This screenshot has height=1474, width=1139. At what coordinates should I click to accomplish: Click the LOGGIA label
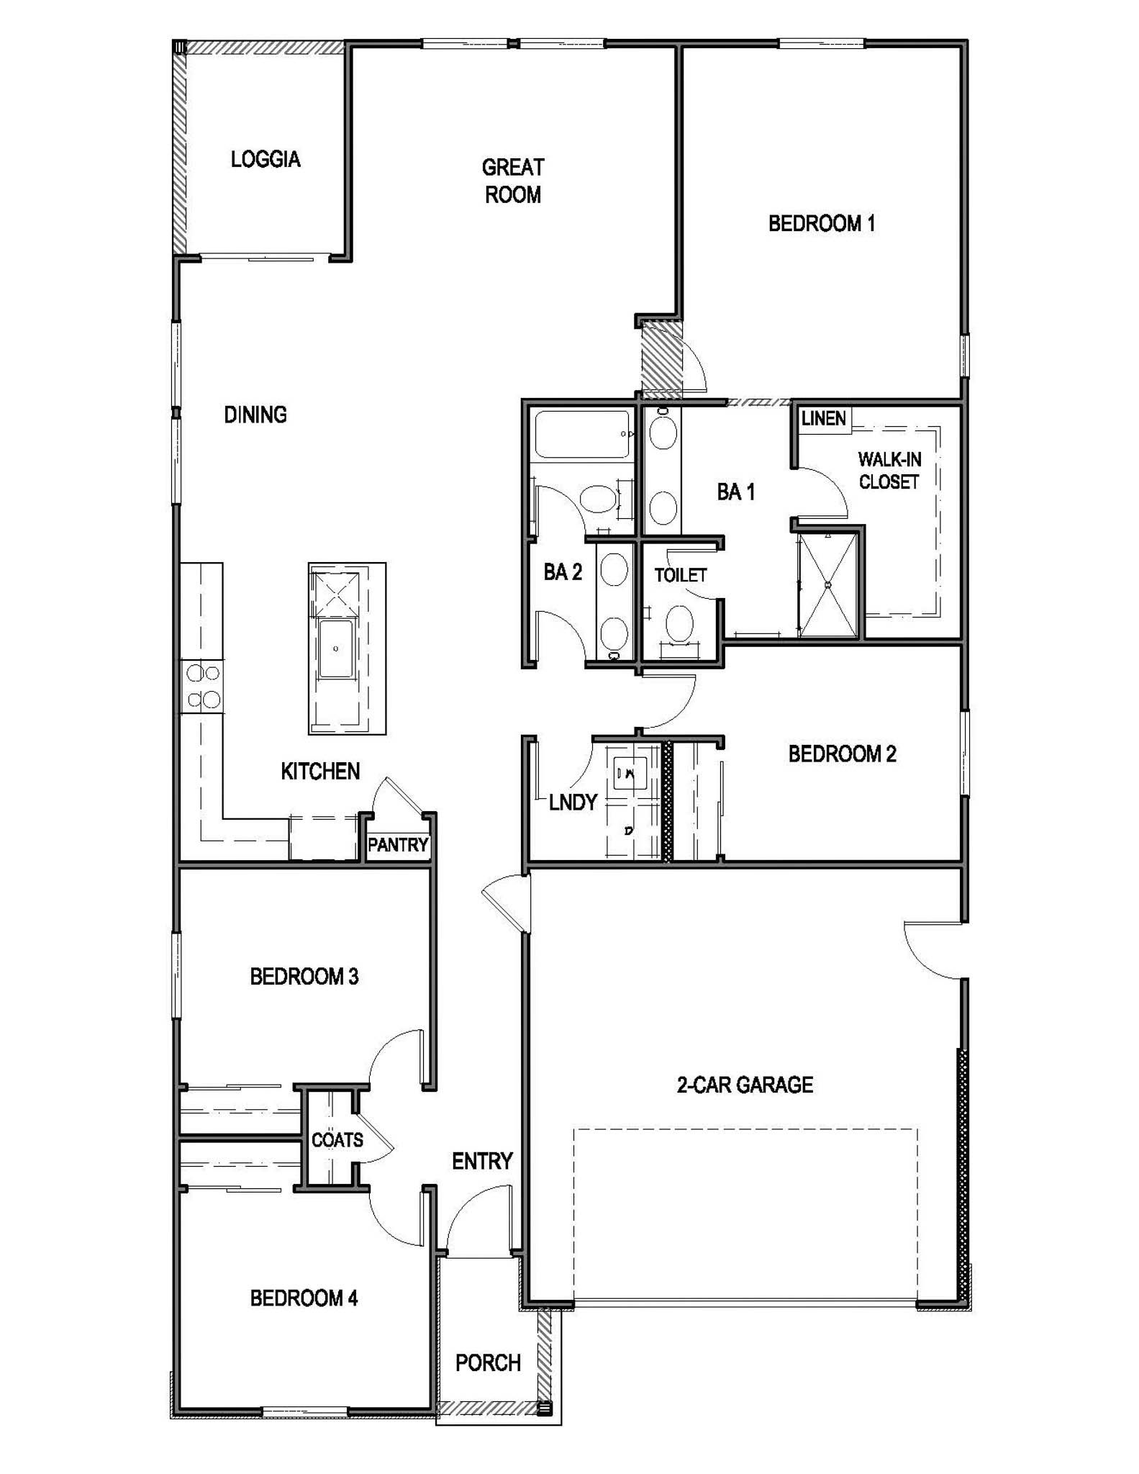[266, 159]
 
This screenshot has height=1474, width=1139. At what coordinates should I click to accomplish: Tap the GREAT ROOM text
[512, 181]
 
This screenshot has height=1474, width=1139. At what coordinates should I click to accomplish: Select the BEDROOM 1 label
[821, 224]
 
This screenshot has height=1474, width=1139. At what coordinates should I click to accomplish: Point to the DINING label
[255, 415]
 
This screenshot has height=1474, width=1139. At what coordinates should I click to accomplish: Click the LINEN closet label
[823, 418]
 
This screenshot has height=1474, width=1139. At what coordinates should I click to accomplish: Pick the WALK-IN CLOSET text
[889, 471]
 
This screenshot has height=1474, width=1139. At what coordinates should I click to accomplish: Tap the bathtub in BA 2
[581, 434]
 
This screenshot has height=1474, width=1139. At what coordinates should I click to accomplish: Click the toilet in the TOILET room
[679, 624]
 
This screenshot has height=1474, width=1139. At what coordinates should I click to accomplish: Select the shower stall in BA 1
[828, 584]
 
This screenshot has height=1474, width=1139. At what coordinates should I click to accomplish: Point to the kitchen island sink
[336, 648]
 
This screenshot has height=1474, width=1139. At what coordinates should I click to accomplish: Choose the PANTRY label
[398, 844]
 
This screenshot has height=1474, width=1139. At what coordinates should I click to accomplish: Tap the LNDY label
[573, 802]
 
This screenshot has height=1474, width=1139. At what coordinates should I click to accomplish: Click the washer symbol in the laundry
[630, 774]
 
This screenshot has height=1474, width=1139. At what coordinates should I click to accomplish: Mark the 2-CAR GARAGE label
[745, 1085]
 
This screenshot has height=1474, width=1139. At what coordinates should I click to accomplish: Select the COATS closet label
[337, 1139]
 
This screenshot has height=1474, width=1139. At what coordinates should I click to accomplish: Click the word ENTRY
[482, 1161]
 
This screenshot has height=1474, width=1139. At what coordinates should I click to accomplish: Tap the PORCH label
[488, 1362]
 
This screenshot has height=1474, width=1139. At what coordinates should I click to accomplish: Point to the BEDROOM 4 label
[304, 1298]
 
